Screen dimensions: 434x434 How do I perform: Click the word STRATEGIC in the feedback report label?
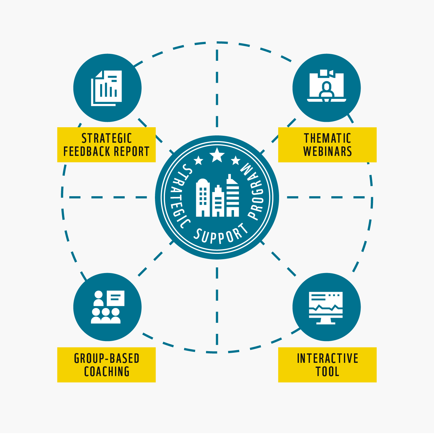click(x=106, y=138)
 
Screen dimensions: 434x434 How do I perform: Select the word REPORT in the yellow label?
click(x=132, y=151)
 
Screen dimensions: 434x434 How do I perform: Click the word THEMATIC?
click(x=327, y=138)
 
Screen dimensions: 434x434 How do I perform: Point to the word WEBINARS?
click(x=327, y=151)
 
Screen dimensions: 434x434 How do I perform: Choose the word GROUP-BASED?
click(x=106, y=358)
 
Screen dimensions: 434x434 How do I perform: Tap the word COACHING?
click(x=106, y=371)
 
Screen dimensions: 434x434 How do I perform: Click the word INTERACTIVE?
click(x=327, y=358)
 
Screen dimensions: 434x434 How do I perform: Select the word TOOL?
click(x=327, y=371)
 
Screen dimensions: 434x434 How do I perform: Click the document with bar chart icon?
click(x=106, y=88)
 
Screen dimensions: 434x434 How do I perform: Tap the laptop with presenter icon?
click(x=327, y=86)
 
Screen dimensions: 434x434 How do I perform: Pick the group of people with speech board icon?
click(x=107, y=307)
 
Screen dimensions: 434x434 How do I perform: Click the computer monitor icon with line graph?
click(x=326, y=308)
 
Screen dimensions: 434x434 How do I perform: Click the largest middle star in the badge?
click(x=217, y=155)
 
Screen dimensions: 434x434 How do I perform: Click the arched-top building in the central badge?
click(x=203, y=197)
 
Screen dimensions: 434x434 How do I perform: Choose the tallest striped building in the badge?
click(x=233, y=195)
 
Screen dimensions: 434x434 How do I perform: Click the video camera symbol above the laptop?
click(x=326, y=73)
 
